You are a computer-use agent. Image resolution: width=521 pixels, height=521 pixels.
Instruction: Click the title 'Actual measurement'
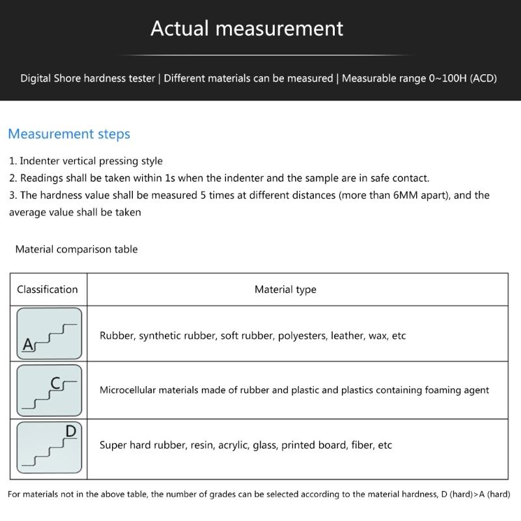coord(247,28)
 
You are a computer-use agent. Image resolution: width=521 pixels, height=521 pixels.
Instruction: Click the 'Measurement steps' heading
coord(69,134)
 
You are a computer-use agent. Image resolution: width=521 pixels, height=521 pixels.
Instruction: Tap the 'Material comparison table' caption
coord(76,249)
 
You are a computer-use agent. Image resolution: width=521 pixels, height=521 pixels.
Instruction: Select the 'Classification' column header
coord(48,290)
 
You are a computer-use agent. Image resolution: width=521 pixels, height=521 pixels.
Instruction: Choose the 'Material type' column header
coord(285,290)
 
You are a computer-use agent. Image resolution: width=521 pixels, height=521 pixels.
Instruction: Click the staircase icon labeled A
coord(49,333)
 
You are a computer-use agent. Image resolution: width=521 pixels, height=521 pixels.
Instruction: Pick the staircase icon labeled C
coord(49,391)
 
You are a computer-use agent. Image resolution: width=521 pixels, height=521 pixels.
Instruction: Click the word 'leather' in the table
coord(346,336)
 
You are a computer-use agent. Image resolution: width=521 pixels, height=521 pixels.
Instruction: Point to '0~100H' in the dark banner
coord(447,79)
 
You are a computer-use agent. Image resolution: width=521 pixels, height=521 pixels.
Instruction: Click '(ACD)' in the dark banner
coord(483,79)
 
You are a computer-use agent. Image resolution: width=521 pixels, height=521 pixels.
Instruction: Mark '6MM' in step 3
coord(407,195)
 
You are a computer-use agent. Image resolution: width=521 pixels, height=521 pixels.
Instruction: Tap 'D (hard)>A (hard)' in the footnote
coord(475,494)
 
